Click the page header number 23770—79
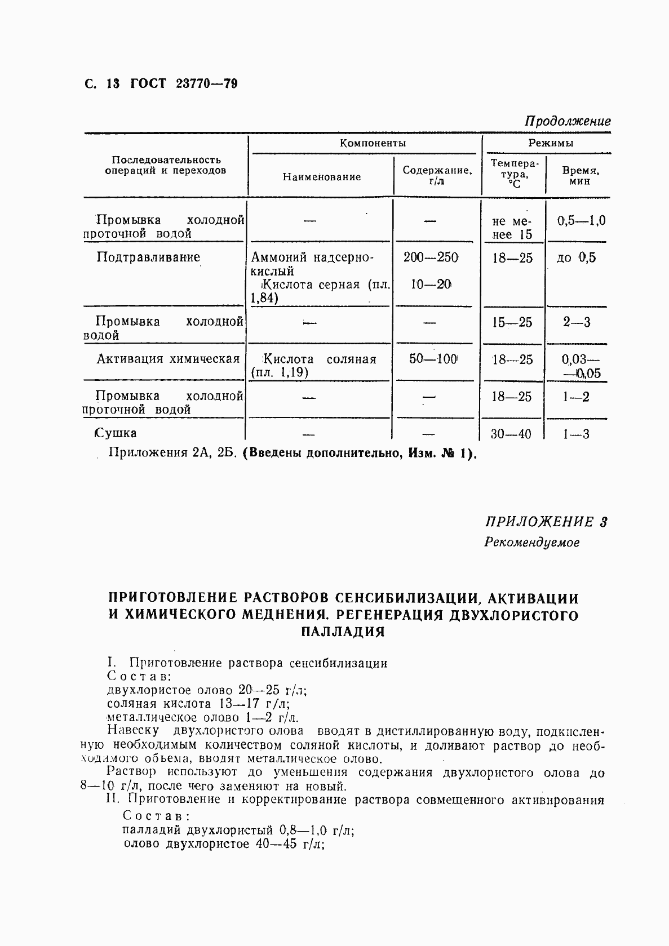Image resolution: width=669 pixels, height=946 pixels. click(x=206, y=83)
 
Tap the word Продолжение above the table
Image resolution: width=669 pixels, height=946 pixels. click(x=568, y=121)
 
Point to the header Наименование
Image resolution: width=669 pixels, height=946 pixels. click(x=321, y=177)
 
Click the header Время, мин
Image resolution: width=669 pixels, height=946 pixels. click(x=580, y=176)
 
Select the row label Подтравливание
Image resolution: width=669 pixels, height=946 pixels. click(x=148, y=257)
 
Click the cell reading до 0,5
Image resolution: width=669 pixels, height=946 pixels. click(x=576, y=258)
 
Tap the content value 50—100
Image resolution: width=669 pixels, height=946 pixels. click(x=433, y=359)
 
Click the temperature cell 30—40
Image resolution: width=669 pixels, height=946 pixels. click(x=511, y=434)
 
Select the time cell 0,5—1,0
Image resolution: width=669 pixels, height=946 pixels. click(x=581, y=220)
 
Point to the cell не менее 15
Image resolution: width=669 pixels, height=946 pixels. click(x=511, y=228)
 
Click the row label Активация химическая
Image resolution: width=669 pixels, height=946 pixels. click(x=168, y=359)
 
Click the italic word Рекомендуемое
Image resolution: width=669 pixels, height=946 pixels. click(x=531, y=543)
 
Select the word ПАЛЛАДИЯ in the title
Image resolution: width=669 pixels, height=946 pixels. click(x=343, y=632)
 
